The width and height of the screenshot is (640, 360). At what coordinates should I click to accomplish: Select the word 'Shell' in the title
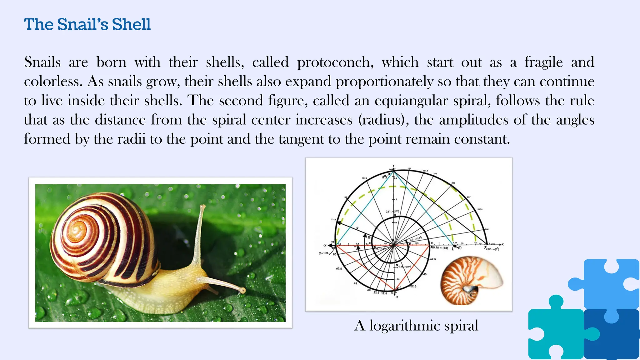coord(131,24)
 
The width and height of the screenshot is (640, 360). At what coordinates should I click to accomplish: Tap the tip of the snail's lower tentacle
coord(243,291)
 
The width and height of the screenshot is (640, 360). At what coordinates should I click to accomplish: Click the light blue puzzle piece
coord(606,283)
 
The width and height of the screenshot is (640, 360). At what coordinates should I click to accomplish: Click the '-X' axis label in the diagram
coord(325,245)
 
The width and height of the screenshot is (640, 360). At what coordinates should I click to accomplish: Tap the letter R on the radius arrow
coord(357,228)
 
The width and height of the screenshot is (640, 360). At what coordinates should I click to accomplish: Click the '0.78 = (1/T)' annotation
coord(441,248)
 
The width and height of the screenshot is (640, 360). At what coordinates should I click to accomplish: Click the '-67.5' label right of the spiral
coord(432,259)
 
